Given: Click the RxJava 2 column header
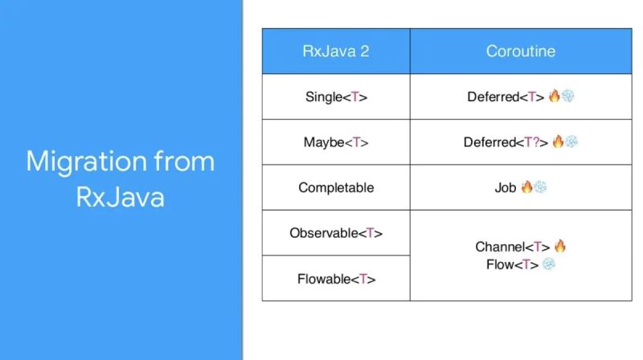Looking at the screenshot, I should point(336,51).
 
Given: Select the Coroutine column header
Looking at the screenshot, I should point(520,51).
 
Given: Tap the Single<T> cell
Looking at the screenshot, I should point(336,96).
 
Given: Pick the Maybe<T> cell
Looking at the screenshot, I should point(336,142).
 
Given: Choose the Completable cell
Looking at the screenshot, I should point(336,187).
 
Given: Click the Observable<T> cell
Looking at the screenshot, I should point(336,233).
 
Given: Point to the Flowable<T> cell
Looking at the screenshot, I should point(336,279).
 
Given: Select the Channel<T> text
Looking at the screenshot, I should point(510,247).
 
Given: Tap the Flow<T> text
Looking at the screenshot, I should point(511,264).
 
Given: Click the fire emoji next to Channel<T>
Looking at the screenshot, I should point(559,246).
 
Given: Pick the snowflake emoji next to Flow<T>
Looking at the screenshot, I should point(548,264).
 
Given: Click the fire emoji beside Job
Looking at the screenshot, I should point(526,187).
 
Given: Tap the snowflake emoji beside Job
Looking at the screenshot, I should point(540,187).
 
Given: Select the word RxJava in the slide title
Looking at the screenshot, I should point(121,196).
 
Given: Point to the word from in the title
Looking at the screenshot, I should point(187,162).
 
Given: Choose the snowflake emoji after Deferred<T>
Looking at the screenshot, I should point(568,96).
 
